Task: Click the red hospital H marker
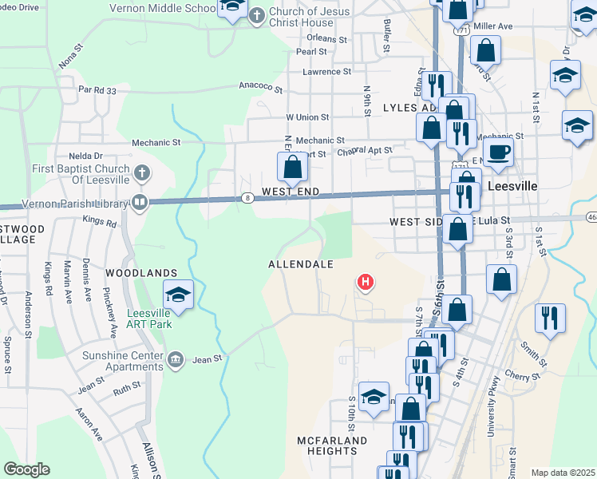click(366, 281)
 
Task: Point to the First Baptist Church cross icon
click(141, 172)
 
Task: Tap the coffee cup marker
click(499, 151)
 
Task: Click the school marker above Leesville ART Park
click(179, 294)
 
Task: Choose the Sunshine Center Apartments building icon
click(176, 359)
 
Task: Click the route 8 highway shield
click(249, 198)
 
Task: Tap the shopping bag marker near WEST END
click(292, 167)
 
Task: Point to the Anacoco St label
click(261, 87)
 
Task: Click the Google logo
click(26, 469)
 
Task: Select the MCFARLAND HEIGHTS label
click(332, 445)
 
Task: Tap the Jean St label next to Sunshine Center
click(207, 360)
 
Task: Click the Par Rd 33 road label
click(97, 90)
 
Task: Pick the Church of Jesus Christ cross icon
click(257, 15)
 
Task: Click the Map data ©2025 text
click(562, 473)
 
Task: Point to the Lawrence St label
click(326, 71)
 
